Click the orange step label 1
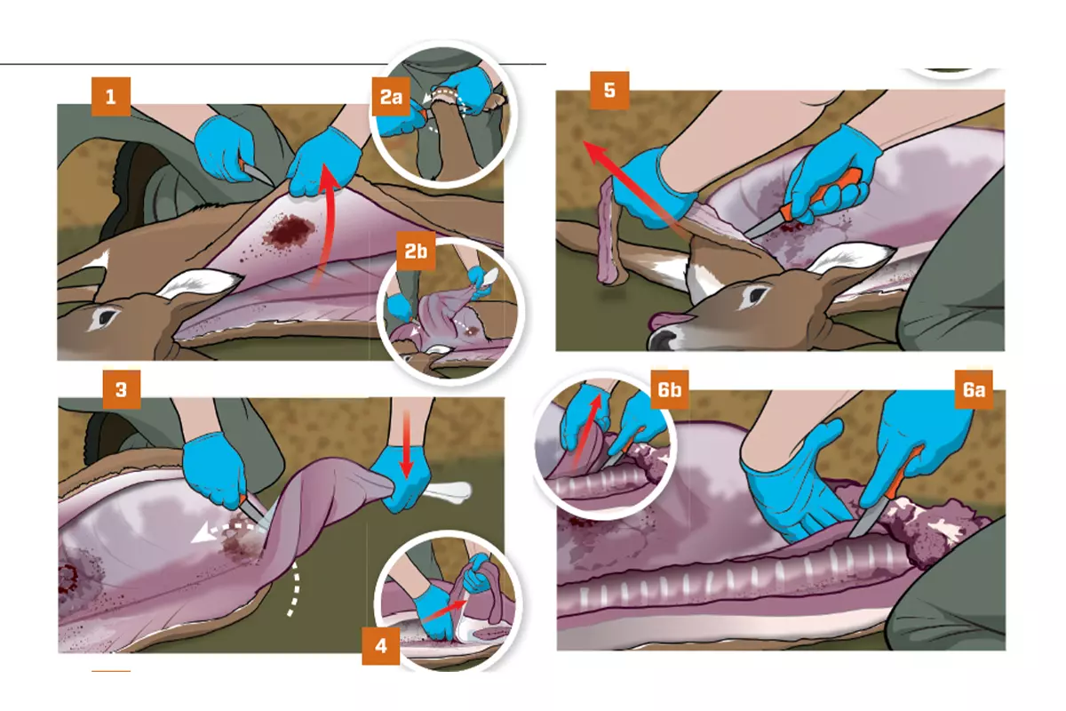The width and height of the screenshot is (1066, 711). pos(111,97)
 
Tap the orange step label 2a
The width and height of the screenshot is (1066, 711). pos(391,97)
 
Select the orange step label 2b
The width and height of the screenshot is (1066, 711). pos(416,252)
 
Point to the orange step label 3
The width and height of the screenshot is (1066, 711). pos(122,389)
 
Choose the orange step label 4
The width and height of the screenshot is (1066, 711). pos(381,646)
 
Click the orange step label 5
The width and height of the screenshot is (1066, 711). pos(609,91)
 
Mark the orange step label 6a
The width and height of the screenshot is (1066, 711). pos(974,389)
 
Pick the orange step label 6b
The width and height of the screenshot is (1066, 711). pos(669,389)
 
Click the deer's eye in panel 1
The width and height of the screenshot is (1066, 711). pos(107,316)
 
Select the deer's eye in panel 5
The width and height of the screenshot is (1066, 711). pos(757,295)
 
